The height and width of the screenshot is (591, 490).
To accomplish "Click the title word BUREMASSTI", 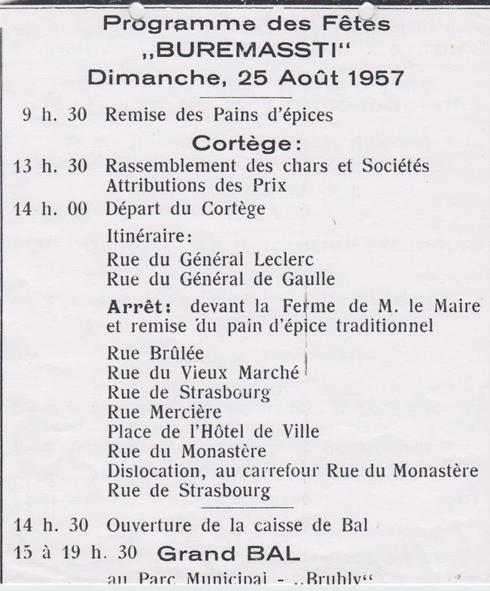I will click(x=246, y=50).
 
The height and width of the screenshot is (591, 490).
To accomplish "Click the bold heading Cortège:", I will click(x=246, y=143).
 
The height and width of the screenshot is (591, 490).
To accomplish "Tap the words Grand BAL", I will click(x=228, y=553).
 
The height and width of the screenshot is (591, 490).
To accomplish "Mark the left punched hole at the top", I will click(x=136, y=10).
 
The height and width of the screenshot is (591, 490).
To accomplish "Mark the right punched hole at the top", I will click(x=366, y=10).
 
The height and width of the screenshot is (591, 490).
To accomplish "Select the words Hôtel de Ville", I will click(x=265, y=431).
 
